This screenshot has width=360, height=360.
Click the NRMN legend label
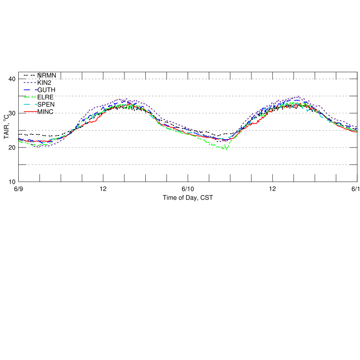point(47,75)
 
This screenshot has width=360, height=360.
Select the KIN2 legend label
point(45,83)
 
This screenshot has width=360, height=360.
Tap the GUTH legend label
point(46,90)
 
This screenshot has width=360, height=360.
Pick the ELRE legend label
point(46,97)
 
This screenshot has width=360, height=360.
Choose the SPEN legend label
point(46,104)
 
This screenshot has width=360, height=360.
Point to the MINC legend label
point(45,112)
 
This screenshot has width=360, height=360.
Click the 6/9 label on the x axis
point(18,189)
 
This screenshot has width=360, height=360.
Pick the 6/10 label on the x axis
point(188,189)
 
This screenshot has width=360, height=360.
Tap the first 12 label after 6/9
point(103,189)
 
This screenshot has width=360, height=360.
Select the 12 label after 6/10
point(273,189)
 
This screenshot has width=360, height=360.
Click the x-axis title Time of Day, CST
point(188,197)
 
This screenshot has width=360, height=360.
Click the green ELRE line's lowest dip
point(226,149)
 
